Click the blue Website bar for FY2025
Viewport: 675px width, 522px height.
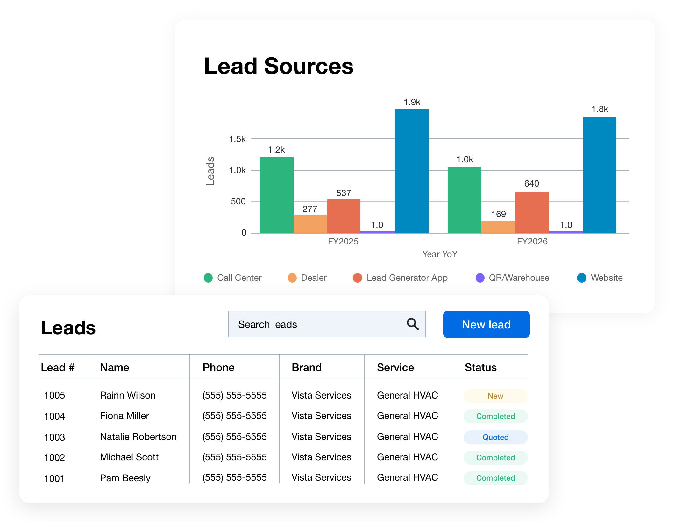(x=411, y=171)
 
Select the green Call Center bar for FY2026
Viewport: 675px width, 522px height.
(x=464, y=200)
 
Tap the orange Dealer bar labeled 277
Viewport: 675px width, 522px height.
(x=310, y=224)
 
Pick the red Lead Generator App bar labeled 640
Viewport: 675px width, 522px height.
(x=532, y=212)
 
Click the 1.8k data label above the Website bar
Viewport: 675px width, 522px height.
(x=600, y=109)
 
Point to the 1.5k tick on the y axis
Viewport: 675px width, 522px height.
(x=237, y=139)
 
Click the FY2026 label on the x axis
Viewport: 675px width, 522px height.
(x=532, y=242)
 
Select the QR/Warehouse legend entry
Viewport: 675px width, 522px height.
(x=512, y=278)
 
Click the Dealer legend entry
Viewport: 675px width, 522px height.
(x=307, y=278)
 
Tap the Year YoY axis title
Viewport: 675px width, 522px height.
(x=440, y=254)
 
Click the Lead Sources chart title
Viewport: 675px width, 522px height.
(x=279, y=66)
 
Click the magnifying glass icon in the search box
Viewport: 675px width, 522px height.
(x=413, y=324)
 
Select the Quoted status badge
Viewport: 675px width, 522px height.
(x=495, y=437)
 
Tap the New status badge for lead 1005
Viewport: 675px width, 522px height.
(x=495, y=396)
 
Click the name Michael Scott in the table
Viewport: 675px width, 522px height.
(x=129, y=457)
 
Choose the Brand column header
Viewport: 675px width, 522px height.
(x=307, y=367)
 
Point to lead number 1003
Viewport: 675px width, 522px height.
(x=54, y=437)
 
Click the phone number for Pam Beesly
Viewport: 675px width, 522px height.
(x=234, y=477)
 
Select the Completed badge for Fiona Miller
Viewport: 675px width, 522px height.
(x=495, y=416)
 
